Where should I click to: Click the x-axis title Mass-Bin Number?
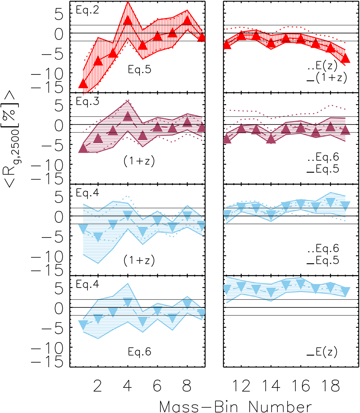[235, 407]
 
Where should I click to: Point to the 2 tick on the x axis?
[97, 386]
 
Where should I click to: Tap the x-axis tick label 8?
[187, 386]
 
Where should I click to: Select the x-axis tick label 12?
[242, 386]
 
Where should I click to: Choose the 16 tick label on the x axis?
[301, 386]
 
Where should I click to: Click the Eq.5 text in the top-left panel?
[139, 70]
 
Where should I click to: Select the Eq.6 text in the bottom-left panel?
[139, 351]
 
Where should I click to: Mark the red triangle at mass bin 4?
[128, 20]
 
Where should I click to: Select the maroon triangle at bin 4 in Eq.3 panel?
[128, 116]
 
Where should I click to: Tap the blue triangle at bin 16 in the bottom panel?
[301, 283]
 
